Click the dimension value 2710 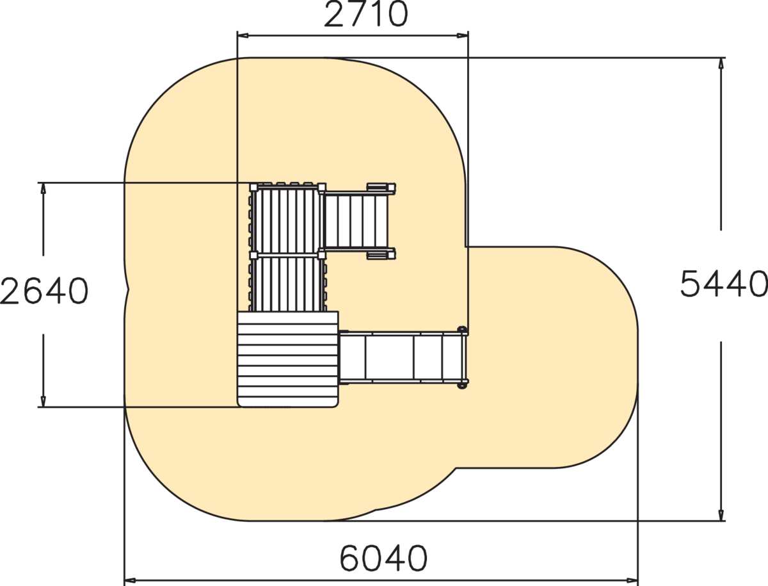(365, 14)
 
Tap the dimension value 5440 (724, 284)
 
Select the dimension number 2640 (44, 291)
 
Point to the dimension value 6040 (383, 558)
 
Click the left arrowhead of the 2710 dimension (243, 35)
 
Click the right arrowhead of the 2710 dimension (463, 35)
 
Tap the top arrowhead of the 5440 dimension (721, 63)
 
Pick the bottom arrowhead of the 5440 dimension (721, 515)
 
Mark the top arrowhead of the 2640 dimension (44, 188)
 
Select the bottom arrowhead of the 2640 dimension (44, 402)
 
